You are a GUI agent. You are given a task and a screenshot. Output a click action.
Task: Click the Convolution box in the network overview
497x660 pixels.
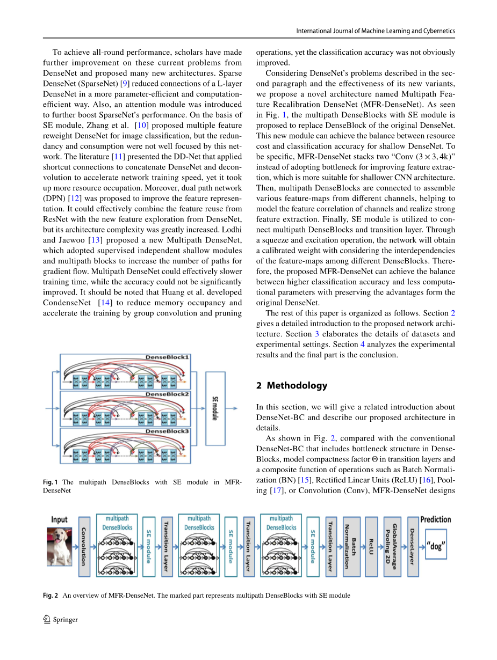tap(84, 546)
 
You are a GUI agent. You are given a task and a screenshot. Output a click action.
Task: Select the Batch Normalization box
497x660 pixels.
tap(350, 546)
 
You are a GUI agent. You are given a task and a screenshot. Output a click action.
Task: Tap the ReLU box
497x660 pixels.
tap(371, 546)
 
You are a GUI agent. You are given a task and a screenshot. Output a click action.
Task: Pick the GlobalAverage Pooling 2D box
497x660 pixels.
tap(392, 546)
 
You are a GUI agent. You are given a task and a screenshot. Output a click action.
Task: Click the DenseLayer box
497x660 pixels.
tap(413, 546)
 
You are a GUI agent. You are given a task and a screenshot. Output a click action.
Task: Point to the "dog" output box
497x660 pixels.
tap(436, 546)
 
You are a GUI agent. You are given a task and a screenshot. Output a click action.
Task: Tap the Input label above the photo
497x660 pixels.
tap(60, 519)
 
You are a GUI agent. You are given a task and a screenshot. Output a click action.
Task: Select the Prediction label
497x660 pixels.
tap(436, 519)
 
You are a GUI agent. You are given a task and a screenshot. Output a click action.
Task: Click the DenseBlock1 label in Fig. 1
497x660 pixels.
tap(168, 357)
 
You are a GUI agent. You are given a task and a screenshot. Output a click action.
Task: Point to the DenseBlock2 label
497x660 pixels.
tap(168, 394)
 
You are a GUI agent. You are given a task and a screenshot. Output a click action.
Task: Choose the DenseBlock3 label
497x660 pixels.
tap(168, 431)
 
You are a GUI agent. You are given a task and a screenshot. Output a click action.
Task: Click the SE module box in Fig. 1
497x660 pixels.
tap(215, 408)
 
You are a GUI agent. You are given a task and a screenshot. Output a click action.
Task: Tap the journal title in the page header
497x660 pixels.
tap(376, 31)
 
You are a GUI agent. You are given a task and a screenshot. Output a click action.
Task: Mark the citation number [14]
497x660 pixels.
tap(105, 303)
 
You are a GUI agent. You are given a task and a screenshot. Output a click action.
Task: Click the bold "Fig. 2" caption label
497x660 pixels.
tap(51, 595)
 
